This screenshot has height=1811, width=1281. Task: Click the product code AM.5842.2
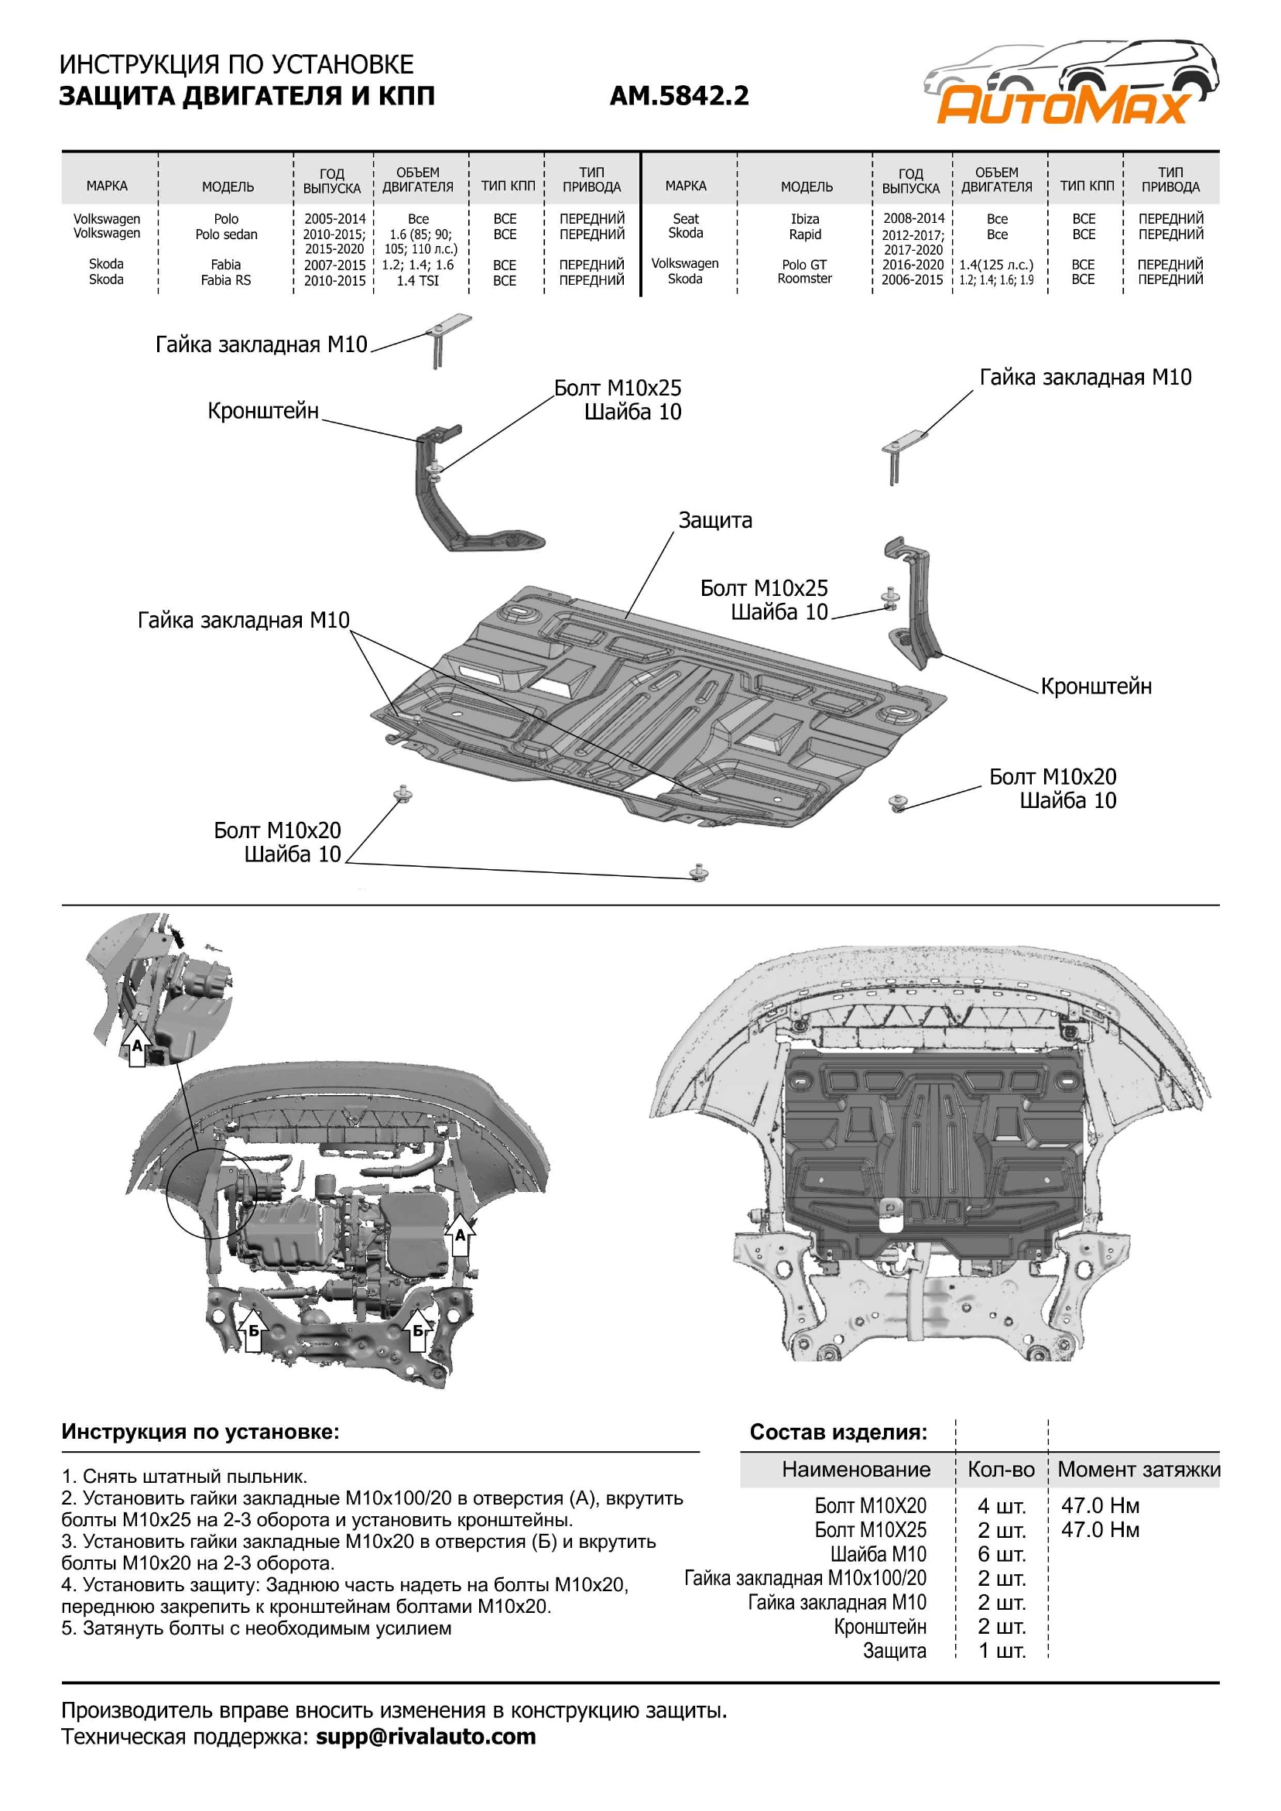[678, 96]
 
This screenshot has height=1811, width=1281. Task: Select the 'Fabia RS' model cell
[225, 280]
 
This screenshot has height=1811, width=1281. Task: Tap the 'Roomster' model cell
[804, 279]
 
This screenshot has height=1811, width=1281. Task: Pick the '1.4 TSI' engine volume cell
[417, 280]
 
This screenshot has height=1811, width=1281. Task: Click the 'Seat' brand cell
[686, 218]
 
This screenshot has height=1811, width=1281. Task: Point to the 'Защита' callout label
[714, 521]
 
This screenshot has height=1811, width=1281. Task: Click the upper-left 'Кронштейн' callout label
[262, 411]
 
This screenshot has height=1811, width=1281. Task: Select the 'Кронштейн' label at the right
[1096, 686]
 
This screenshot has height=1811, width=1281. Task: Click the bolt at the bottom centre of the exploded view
[699, 872]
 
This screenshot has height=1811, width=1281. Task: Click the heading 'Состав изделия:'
[837, 1432]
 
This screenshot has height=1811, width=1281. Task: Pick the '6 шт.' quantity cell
[1001, 1555]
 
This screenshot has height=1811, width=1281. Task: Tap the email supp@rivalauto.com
[425, 1736]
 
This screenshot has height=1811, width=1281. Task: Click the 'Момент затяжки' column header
[1139, 1470]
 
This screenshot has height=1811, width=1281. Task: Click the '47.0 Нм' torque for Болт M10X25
[1100, 1530]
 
